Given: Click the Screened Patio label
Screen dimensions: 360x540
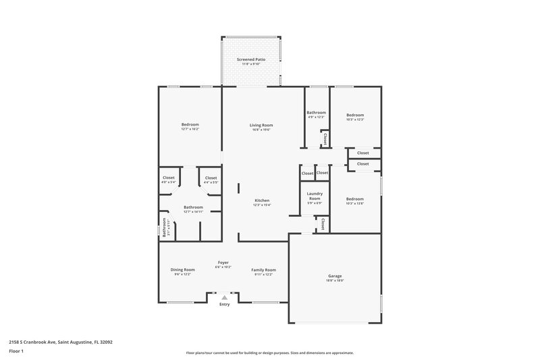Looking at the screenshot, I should point(251,59).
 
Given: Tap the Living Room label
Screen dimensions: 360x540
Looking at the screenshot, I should point(261,125).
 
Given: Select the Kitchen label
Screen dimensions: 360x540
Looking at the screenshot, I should point(262,201).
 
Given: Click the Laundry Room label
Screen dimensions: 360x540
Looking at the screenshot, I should point(315,196).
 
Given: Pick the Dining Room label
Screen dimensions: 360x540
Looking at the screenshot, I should point(182,269).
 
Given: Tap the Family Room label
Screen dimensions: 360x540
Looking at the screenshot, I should point(264,269).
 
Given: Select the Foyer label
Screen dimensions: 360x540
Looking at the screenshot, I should point(223,262).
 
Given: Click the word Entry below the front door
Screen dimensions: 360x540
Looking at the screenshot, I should point(224,305).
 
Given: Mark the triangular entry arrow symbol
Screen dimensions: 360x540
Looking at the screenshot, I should point(224,297).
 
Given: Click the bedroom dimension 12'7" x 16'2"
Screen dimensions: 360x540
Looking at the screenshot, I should point(190,129).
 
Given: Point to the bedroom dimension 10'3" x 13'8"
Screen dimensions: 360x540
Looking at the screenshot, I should point(355,203).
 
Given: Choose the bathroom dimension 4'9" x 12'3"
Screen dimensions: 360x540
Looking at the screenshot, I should point(317,117).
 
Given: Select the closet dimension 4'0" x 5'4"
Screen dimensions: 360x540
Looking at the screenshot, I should point(169,182).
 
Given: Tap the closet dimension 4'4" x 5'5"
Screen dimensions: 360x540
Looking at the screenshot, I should point(211,182).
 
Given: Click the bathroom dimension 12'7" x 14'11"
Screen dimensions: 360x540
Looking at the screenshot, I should point(193,211).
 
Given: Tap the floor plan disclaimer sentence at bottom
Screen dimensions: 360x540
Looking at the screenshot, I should point(270,353).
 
